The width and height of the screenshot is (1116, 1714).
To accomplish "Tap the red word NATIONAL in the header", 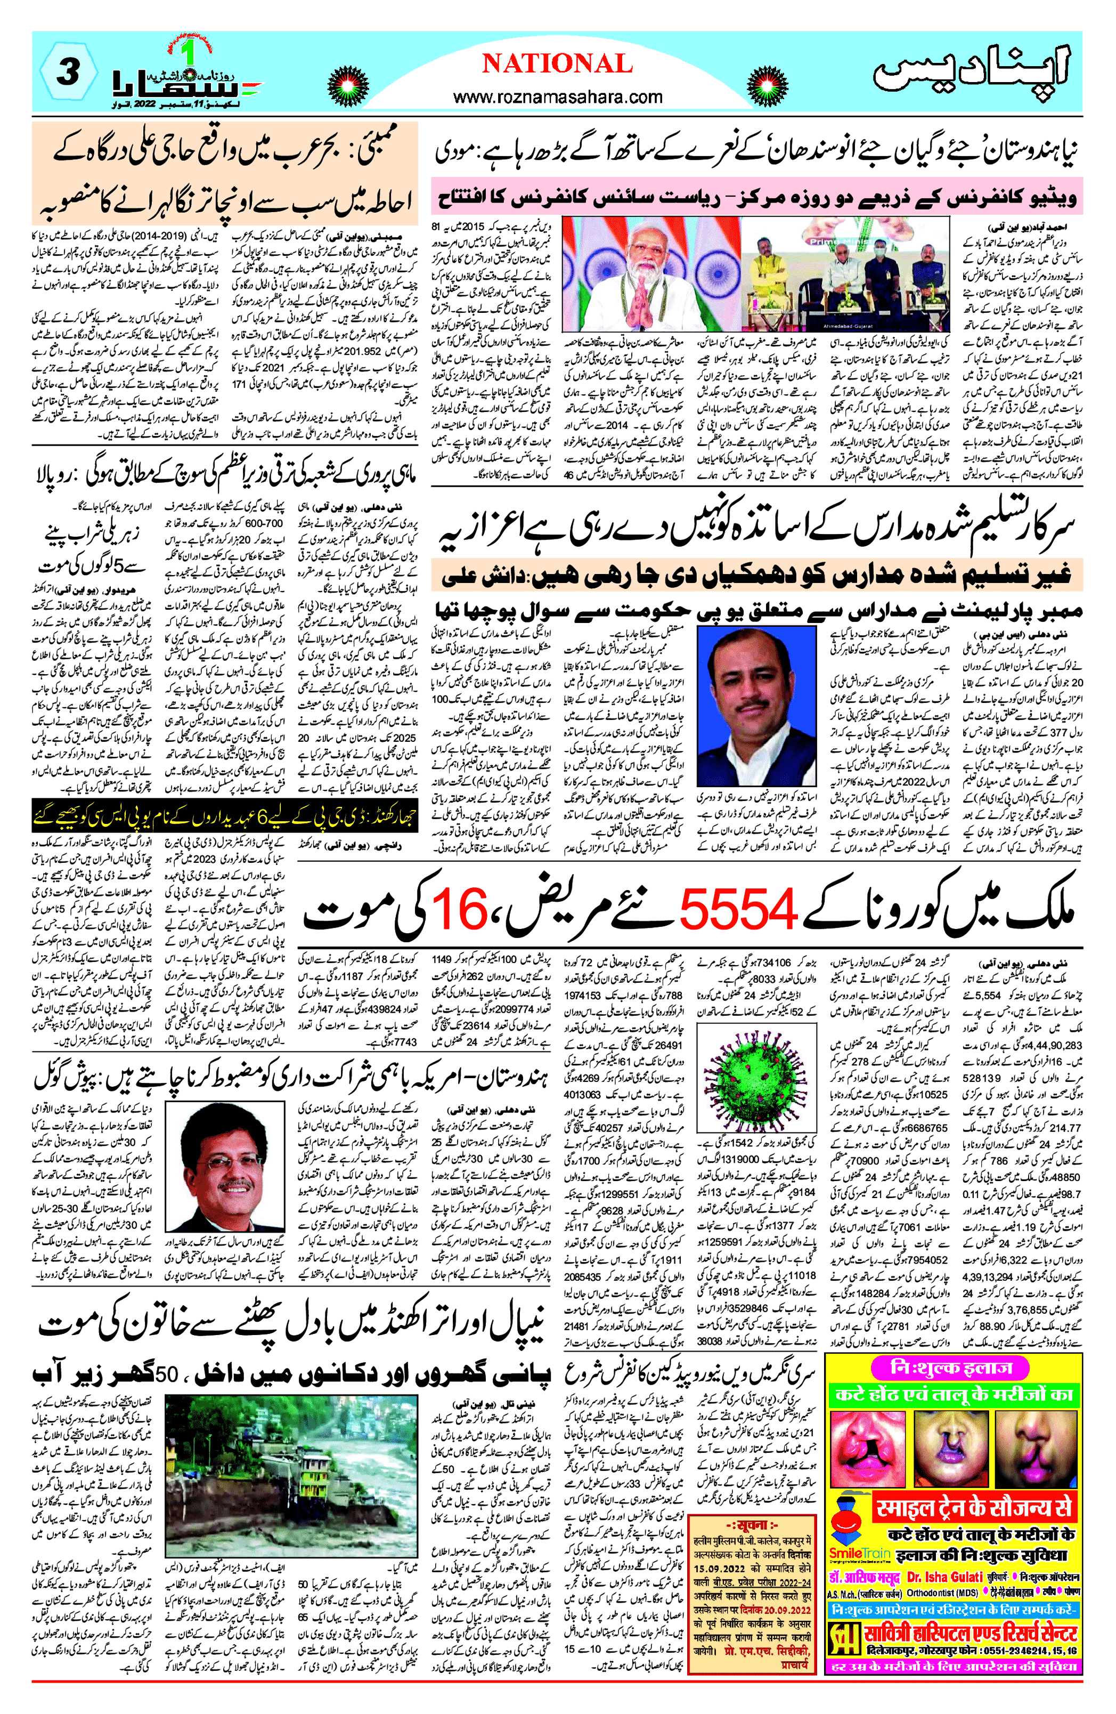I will click(x=557, y=64).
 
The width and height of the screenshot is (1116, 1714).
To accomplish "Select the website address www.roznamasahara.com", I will click(x=557, y=96).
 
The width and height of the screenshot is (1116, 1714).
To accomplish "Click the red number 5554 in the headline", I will click(x=738, y=908).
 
